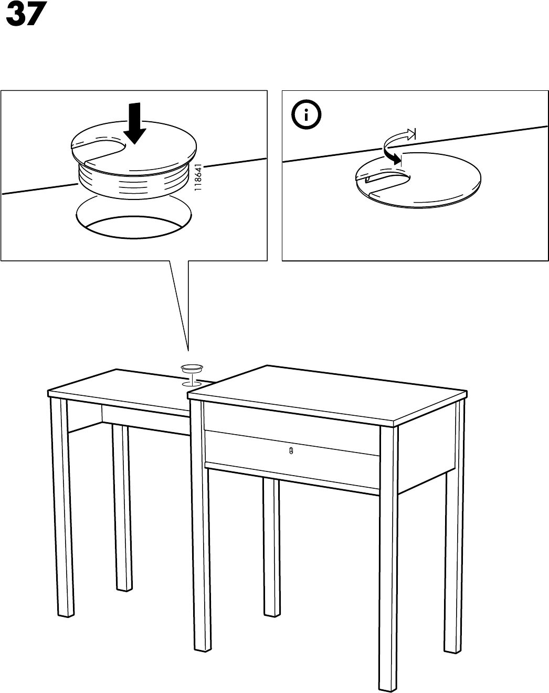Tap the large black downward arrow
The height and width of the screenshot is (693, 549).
(x=134, y=123)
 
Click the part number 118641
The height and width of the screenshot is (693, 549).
(x=198, y=177)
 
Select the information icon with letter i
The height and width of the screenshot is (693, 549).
(x=306, y=114)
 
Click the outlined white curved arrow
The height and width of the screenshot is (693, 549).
(x=399, y=138)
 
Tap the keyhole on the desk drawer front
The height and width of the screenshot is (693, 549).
(x=291, y=450)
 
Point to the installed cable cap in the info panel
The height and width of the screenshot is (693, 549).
(x=418, y=180)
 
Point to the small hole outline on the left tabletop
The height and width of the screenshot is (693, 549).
(x=192, y=384)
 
